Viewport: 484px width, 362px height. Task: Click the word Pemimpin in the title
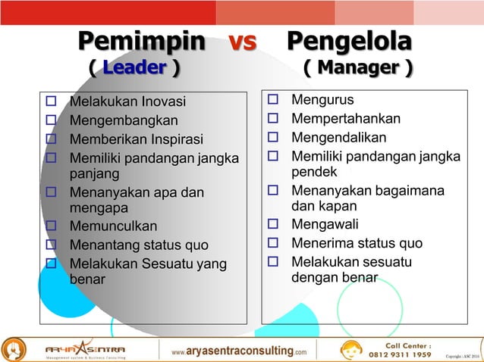pos(142,41)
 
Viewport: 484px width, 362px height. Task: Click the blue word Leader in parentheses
pos(134,68)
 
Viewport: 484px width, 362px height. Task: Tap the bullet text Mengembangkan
pos(124,120)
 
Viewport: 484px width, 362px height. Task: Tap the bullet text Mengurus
pos(322,100)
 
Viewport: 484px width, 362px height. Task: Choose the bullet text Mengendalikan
pos(338,137)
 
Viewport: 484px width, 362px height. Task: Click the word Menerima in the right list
pos(324,243)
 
